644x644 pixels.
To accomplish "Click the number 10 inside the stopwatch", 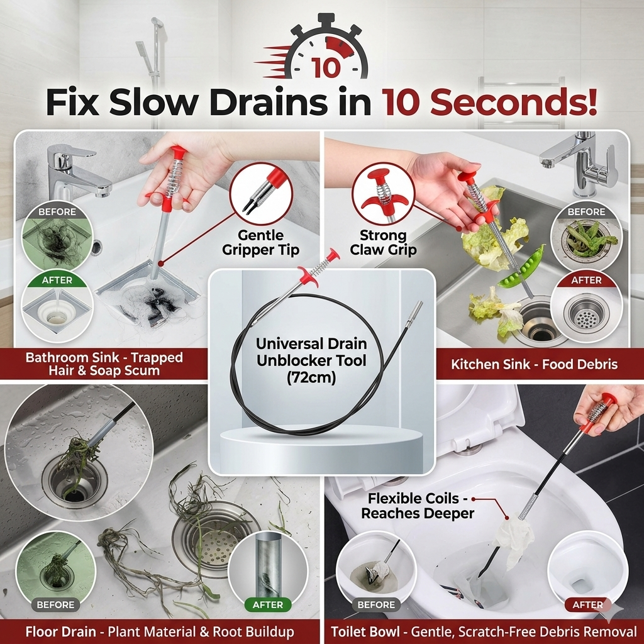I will point(326,67).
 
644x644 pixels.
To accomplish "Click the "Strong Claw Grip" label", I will point(383,243).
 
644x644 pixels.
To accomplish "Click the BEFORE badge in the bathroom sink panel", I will point(57,212).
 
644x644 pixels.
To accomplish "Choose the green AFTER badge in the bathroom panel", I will point(57,280).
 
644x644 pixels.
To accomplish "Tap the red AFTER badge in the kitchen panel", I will point(586,280).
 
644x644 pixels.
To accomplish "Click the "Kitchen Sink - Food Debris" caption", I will point(534,364).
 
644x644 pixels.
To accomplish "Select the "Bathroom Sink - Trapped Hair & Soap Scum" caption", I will point(104,364).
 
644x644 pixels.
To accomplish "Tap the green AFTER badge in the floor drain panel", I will point(268,605).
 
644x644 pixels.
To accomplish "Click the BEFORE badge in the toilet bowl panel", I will point(375,605).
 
